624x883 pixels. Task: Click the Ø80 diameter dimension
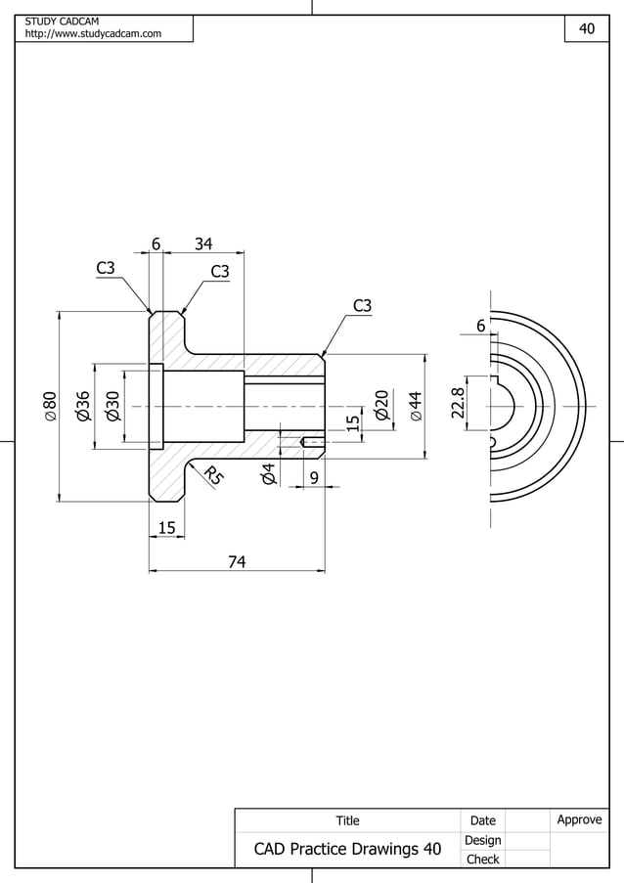coord(49,406)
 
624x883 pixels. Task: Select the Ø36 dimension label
coord(83,405)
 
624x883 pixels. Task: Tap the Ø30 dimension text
coord(112,405)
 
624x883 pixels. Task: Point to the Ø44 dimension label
coord(416,405)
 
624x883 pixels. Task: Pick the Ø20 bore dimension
coord(382,405)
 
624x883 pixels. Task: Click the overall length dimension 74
coord(237,561)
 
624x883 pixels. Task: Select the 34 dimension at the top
coord(204,243)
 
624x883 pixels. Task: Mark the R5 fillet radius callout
coord(213,477)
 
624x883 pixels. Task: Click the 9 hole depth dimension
coord(314,477)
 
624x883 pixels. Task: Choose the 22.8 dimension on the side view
coord(457,403)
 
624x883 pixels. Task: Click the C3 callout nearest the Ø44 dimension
coord(362,306)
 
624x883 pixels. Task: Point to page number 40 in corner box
coord(587,29)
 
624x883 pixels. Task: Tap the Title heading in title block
coord(347,820)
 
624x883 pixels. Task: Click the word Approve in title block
coord(579,819)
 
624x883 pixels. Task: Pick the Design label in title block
coord(482,840)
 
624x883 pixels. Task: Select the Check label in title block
coord(482,860)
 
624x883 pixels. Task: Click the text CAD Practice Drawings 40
coord(347,849)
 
